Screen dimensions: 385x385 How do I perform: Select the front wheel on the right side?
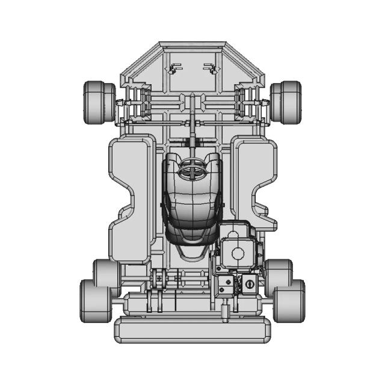coord(286,102)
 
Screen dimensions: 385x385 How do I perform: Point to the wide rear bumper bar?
coord(192,330)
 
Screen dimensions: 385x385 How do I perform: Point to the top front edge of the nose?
coord(192,45)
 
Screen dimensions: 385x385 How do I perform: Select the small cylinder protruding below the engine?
coord(226,312)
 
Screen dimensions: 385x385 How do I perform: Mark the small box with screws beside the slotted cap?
coord(226,285)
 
